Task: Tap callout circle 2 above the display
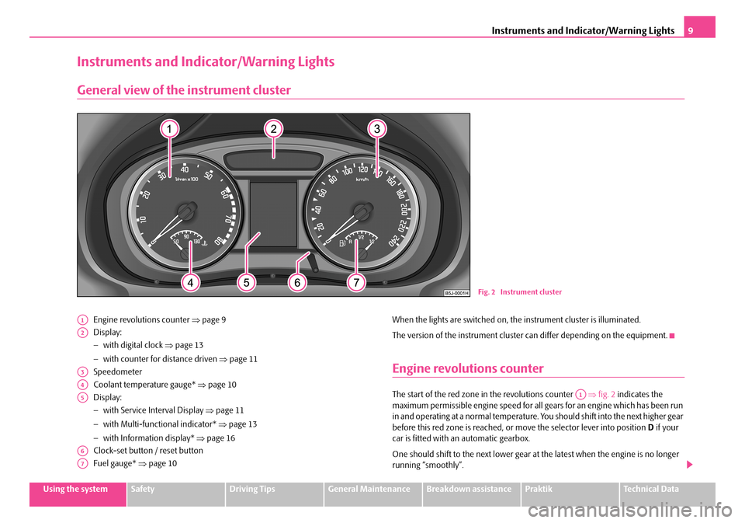pyautogui.click(x=273, y=129)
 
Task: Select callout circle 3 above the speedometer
pyautogui.click(x=376, y=129)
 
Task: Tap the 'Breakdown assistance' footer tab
pyautogui.click(x=470, y=490)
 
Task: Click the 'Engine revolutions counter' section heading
pyautogui.click(x=468, y=368)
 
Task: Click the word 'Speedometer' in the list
pyautogui.click(x=115, y=371)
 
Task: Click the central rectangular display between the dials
pyautogui.click(x=273, y=207)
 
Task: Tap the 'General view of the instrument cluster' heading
pyautogui.click(x=185, y=90)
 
